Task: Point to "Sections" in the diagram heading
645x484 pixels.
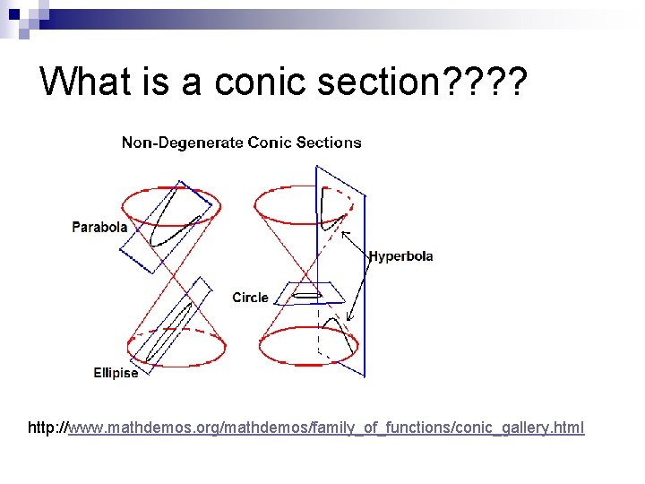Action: click(x=331, y=143)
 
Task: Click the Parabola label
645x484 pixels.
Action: click(x=99, y=228)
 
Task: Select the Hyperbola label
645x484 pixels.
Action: click(x=400, y=256)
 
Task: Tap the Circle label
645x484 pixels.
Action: click(x=250, y=298)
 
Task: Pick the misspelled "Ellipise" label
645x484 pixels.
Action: click(x=116, y=373)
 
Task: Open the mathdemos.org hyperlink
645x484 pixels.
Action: click(x=326, y=428)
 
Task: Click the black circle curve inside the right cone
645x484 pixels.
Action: click(x=307, y=294)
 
